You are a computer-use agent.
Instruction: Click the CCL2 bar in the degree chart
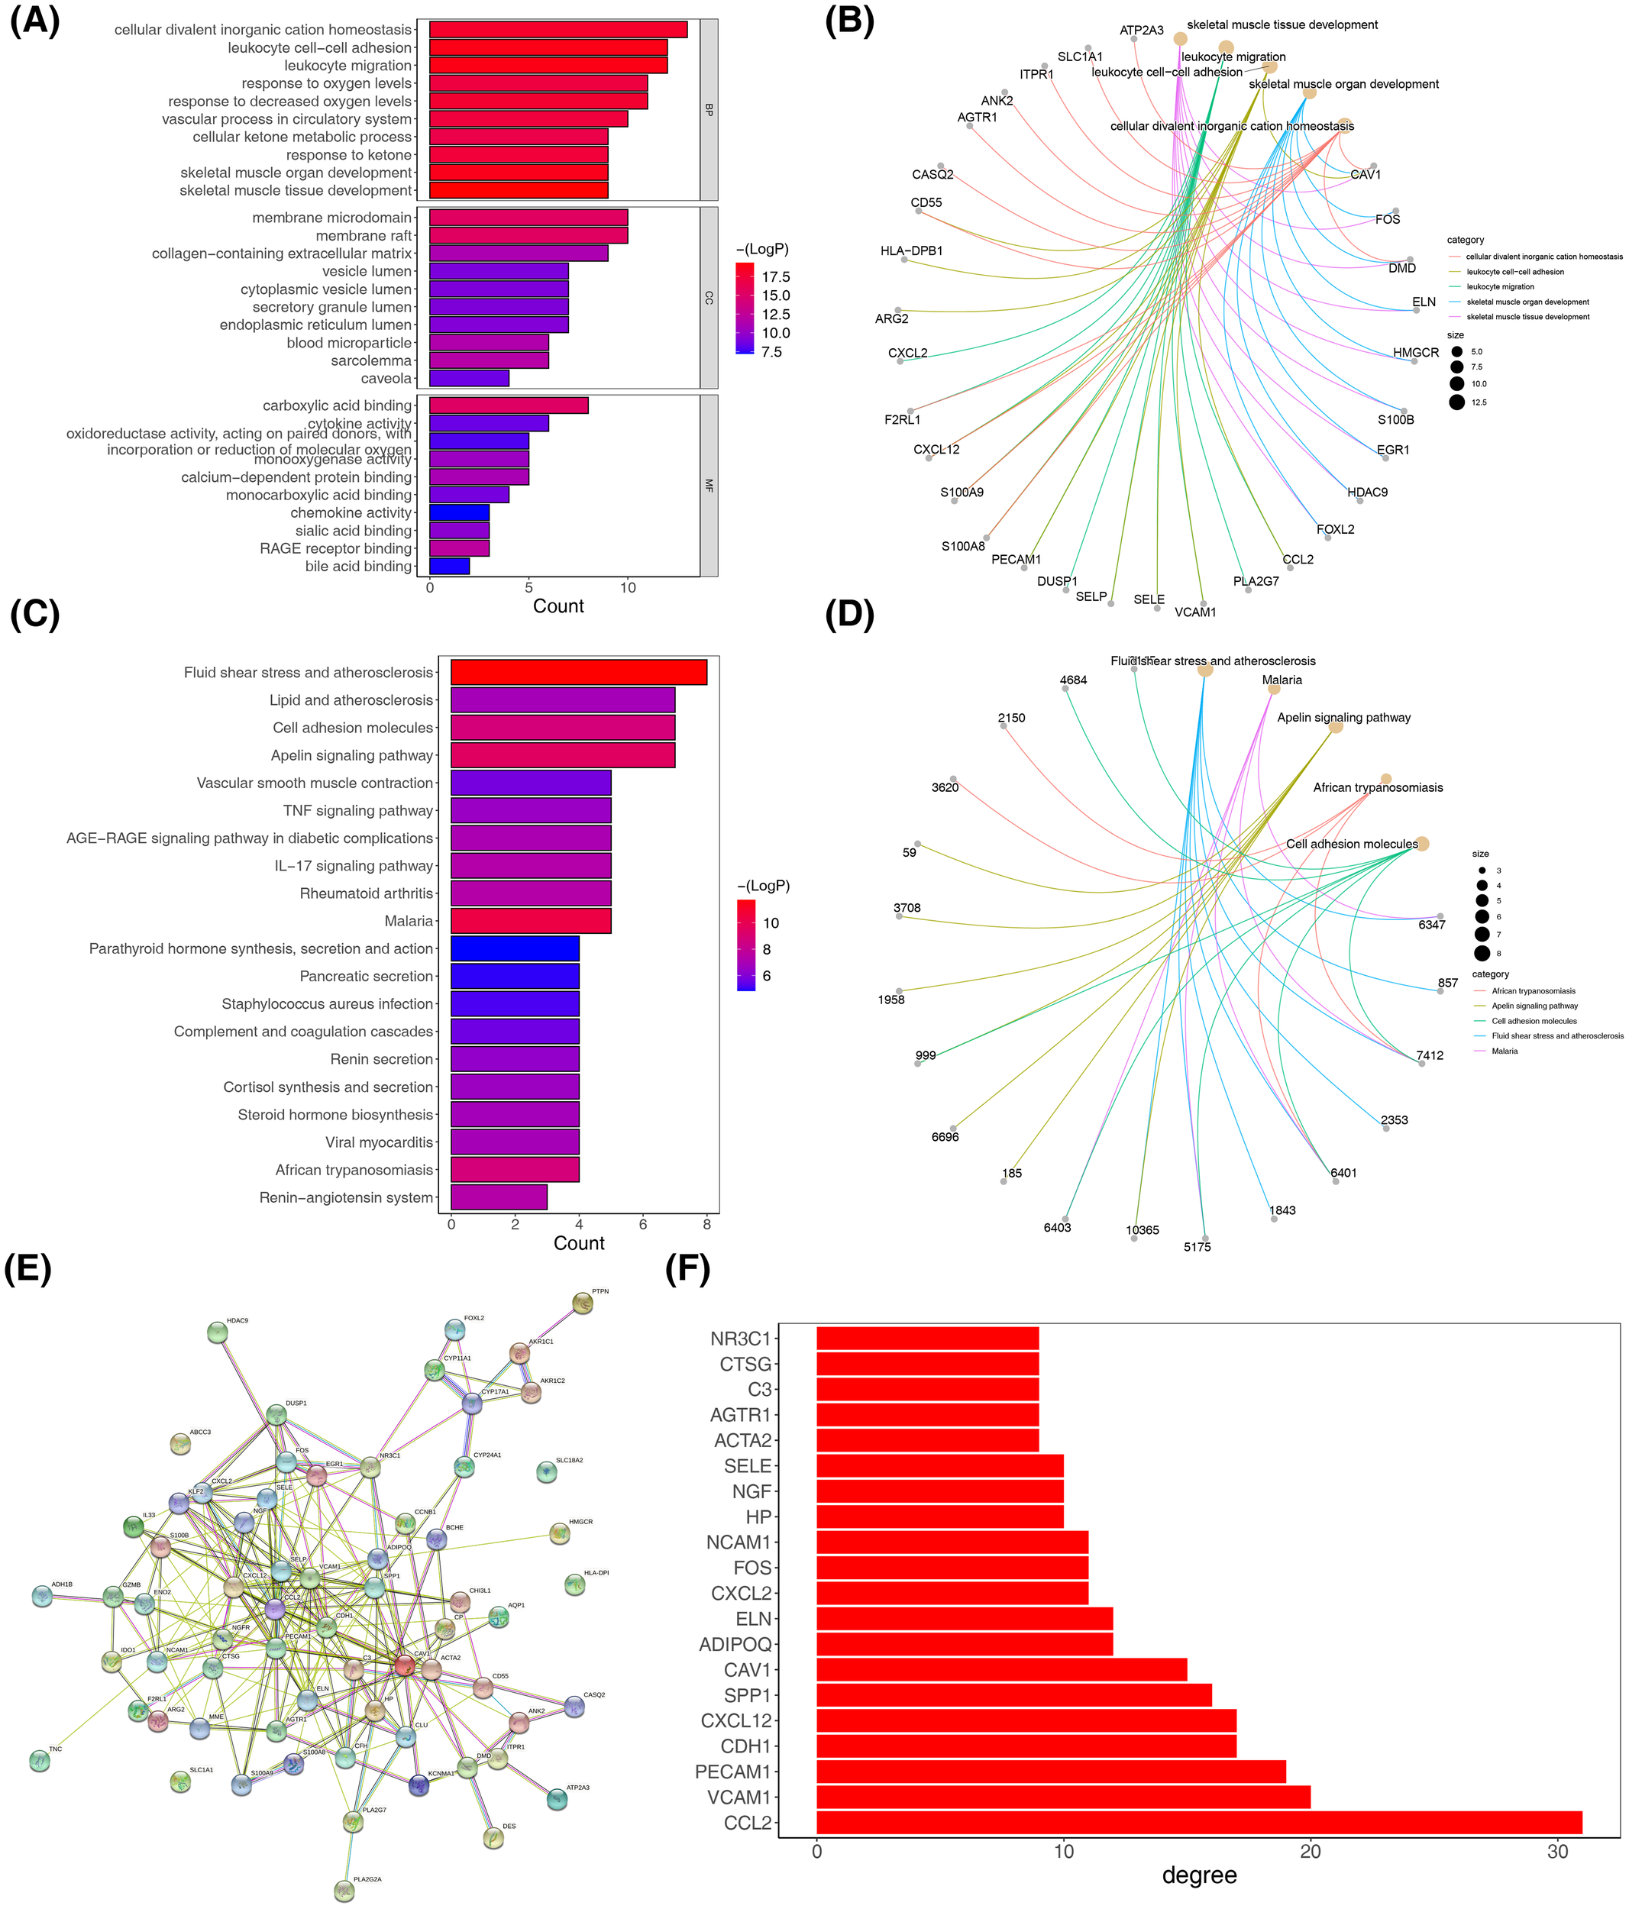(1198, 1823)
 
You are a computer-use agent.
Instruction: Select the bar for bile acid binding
(449, 566)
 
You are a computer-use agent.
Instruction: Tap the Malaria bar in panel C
(530, 920)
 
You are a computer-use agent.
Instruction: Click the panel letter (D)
(848, 615)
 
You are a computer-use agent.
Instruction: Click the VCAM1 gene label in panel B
(1195, 612)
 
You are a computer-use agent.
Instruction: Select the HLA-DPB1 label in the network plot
(911, 250)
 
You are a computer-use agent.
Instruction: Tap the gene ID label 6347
(1431, 924)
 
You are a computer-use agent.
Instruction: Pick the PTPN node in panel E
(582, 1303)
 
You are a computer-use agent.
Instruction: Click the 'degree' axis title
(1199, 1876)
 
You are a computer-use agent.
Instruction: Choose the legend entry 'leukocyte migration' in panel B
(1500, 286)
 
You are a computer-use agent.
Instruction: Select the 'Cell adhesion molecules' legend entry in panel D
(1534, 1021)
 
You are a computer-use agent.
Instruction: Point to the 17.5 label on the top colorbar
(775, 276)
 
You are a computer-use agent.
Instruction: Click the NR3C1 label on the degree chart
(740, 1339)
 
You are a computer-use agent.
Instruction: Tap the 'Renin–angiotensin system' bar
(499, 1197)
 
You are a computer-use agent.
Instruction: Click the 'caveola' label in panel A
(386, 379)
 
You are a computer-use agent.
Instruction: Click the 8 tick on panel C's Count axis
(706, 1225)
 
